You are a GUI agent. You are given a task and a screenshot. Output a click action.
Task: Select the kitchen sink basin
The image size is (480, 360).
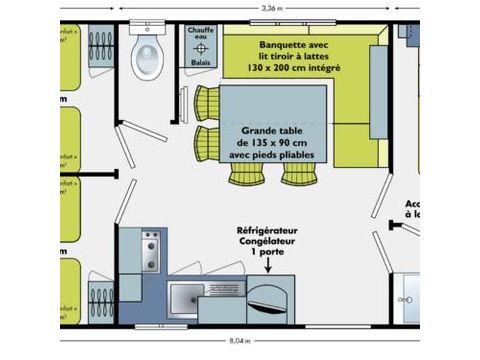[x=188, y=298]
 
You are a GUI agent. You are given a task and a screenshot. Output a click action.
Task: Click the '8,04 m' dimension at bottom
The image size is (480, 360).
[x=241, y=340]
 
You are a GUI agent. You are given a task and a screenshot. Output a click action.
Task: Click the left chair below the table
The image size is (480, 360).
[x=246, y=173]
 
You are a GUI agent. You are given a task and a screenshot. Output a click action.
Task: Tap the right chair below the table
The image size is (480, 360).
[x=297, y=173]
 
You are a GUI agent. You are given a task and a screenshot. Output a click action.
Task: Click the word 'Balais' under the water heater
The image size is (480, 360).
[x=200, y=62]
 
